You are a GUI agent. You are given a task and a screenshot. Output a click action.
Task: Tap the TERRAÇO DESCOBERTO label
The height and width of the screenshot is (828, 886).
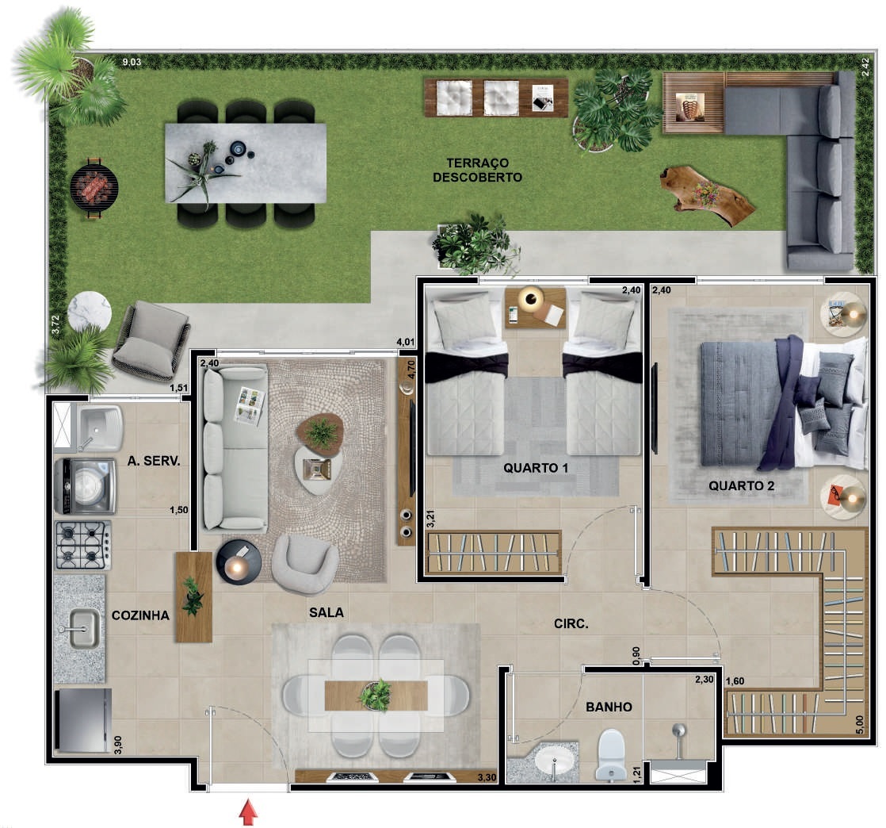pyautogui.click(x=477, y=171)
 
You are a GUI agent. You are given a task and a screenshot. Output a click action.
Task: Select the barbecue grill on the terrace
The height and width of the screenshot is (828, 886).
pyautogui.click(x=94, y=187)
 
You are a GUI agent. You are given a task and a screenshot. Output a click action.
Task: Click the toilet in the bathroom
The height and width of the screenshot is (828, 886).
pyautogui.click(x=611, y=754)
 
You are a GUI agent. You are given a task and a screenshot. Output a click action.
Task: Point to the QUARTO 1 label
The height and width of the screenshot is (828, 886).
pyautogui.click(x=536, y=468)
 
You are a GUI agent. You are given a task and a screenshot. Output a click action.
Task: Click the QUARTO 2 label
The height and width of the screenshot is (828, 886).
pyautogui.click(x=741, y=485)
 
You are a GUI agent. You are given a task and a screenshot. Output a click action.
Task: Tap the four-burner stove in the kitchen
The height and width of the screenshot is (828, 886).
pyautogui.click(x=83, y=545)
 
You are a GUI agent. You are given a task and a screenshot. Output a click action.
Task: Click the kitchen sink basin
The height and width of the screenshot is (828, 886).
pyautogui.click(x=85, y=629)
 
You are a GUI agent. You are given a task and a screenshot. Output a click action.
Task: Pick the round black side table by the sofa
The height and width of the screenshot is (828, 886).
pyautogui.click(x=239, y=562)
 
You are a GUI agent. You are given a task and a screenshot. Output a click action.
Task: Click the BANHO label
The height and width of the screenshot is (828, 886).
pyautogui.click(x=609, y=707)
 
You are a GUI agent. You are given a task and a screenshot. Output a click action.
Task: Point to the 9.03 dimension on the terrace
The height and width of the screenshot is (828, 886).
pyautogui.click(x=132, y=62)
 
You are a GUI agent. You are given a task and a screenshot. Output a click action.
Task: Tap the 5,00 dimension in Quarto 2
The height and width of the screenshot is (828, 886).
pyautogui.click(x=860, y=725)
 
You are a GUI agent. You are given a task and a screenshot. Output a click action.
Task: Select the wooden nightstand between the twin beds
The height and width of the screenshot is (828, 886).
pyautogui.click(x=535, y=308)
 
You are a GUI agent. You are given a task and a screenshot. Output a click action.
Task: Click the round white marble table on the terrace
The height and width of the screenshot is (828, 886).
pyautogui.click(x=90, y=312)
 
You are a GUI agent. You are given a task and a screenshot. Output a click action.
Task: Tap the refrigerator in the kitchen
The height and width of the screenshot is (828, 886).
pyautogui.click(x=82, y=721)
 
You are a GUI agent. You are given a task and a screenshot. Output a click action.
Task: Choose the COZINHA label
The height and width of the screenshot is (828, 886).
pyautogui.click(x=140, y=615)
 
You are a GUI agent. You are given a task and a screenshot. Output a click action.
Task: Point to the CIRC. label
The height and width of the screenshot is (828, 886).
pyautogui.click(x=571, y=624)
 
